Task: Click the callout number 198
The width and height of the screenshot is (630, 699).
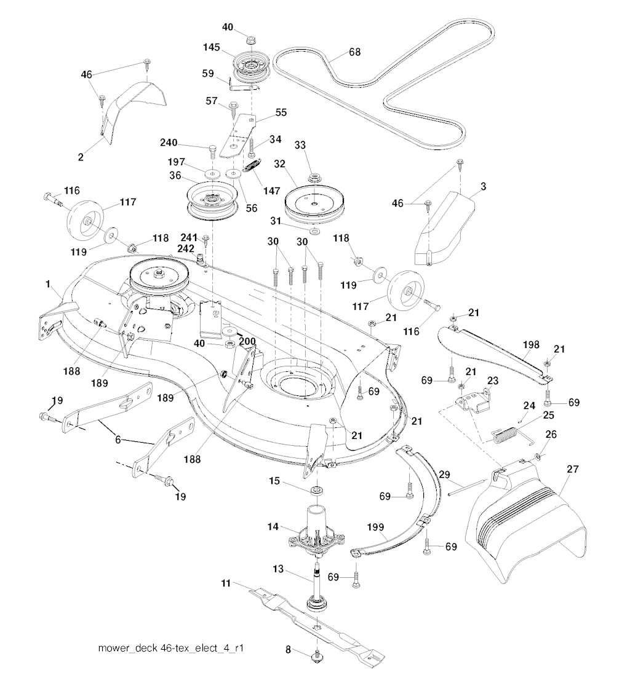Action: pos(530,345)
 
